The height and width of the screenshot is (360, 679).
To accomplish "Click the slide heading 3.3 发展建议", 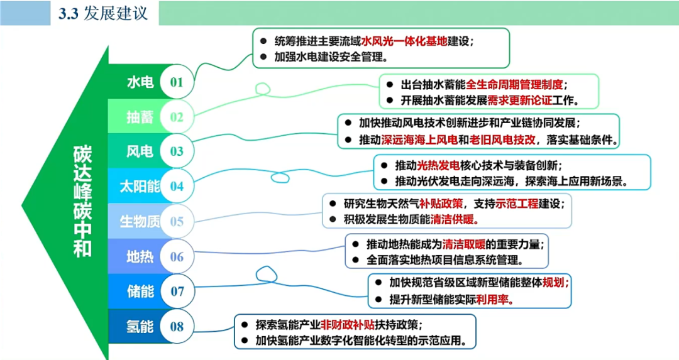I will tap(103, 13).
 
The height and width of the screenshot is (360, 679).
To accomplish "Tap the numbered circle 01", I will tap(176, 82).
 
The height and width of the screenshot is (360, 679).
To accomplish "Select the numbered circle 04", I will tap(176, 186).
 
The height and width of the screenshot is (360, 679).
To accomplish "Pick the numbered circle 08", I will tap(177, 326).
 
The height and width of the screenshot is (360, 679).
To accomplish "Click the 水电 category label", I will tap(140, 82).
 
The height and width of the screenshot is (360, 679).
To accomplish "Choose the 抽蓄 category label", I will tap(140, 117).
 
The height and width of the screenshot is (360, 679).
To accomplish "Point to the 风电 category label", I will tap(140, 151).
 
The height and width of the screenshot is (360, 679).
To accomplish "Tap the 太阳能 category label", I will tap(140, 186).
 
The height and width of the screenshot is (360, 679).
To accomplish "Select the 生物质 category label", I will tap(140, 221).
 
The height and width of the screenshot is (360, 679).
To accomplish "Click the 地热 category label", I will tap(140, 256).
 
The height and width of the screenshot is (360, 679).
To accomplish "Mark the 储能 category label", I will tap(140, 291).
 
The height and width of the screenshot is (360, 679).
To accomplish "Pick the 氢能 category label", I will tap(140, 326).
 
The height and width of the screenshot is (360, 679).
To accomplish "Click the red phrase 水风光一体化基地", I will tap(404, 41).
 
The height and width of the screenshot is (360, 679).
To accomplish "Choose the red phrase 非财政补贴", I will tap(346, 325).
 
